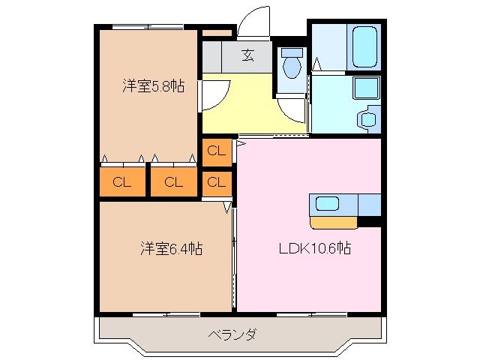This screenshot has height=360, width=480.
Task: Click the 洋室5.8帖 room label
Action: pyautogui.click(x=154, y=85)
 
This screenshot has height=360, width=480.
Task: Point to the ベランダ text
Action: pyautogui.click(x=232, y=334)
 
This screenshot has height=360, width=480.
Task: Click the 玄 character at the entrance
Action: pyautogui.click(x=247, y=54)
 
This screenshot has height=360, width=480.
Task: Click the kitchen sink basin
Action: pyautogui.click(x=328, y=203)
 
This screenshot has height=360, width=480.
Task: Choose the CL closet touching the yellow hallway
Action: pyautogui.click(x=216, y=151)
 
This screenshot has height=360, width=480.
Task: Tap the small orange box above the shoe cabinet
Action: pyautogui.click(x=217, y=33)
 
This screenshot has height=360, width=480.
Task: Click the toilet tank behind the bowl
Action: pyautogui.click(x=291, y=53)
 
